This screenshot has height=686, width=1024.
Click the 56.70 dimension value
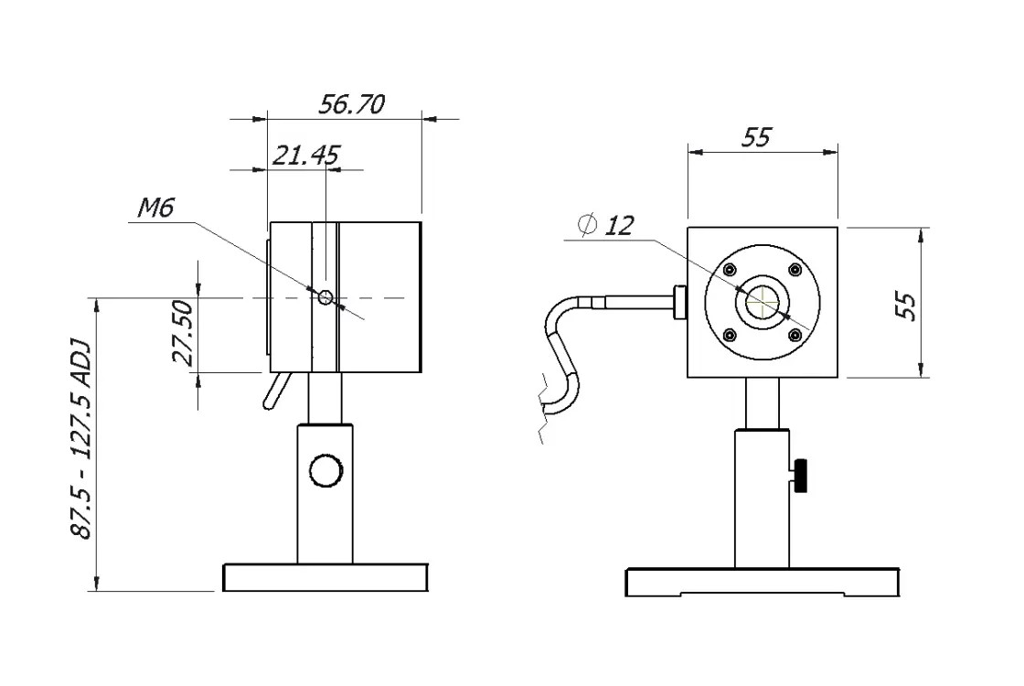click(x=351, y=104)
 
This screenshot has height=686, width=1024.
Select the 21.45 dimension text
click(x=305, y=155)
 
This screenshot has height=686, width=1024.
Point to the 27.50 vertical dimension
click(x=183, y=333)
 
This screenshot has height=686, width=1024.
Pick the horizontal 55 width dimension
click(x=757, y=138)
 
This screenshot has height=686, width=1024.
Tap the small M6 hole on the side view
click(x=325, y=297)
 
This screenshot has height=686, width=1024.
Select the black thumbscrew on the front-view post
click(x=802, y=476)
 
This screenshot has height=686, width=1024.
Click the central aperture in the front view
click(x=763, y=301)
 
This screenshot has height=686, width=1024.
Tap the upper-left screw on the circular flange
click(x=730, y=269)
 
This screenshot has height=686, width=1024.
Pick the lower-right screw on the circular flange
click(x=795, y=335)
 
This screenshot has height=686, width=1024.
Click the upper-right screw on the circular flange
click(x=795, y=269)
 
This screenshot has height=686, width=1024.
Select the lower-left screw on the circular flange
click(x=730, y=335)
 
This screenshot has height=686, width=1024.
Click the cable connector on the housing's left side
click(x=679, y=302)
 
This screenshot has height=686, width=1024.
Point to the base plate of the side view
click(x=325, y=577)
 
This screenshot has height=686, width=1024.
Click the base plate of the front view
click(x=763, y=583)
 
